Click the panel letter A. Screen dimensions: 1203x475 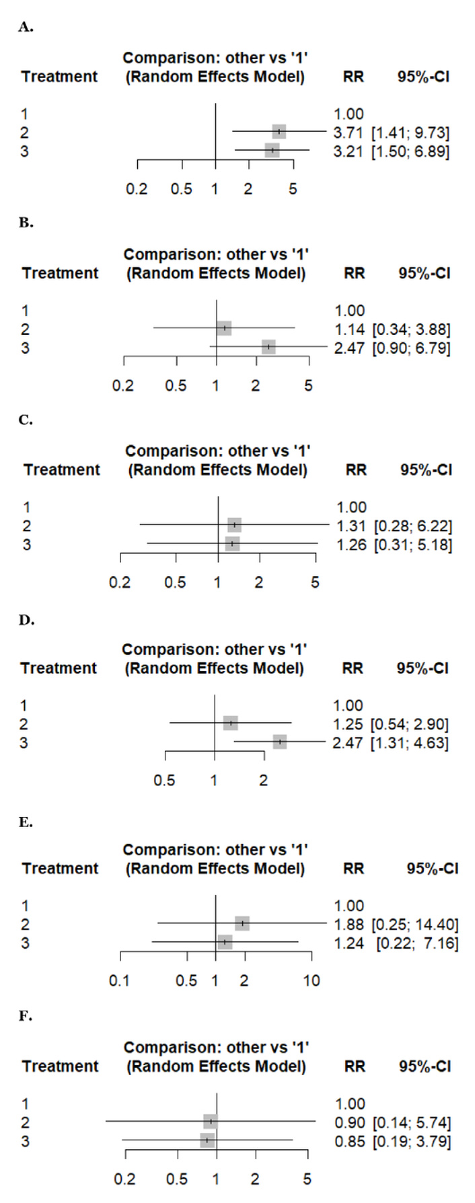click(x=26, y=28)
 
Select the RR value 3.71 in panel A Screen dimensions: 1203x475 click(x=349, y=133)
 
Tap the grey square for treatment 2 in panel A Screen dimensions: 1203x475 click(x=279, y=132)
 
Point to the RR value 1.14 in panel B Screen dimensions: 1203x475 click(x=350, y=330)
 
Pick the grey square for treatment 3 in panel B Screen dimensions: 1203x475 click(x=268, y=347)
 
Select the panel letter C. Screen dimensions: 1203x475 click(x=26, y=420)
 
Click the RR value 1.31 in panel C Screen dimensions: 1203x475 click(x=351, y=526)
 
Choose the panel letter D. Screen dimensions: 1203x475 click(x=26, y=620)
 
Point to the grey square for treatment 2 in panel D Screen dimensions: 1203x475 click(x=231, y=723)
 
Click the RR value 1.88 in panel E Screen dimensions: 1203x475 click(x=349, y=924)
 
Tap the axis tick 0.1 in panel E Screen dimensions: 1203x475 click(x=119, y=980)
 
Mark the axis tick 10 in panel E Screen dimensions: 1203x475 click(x=312, y=980)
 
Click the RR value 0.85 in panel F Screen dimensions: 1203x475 click(x=350, y=1141)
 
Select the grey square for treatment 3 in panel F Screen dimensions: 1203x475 click(x=207, y=1140)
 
